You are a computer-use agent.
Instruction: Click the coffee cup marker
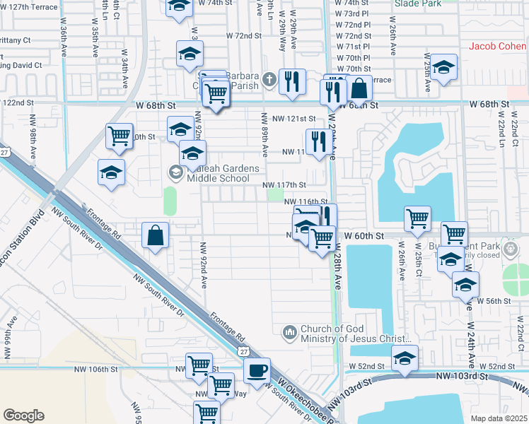(x=257, y=370)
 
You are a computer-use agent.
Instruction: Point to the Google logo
(x=24, y=415)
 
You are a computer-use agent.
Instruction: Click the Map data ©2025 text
(x=499, y=418)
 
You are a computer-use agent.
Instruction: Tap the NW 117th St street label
(x=284, y=185)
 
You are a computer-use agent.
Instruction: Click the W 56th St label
(x=493, y=300)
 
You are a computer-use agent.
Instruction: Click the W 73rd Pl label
(x=353, y=13)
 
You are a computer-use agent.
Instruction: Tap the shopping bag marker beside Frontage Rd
(x=155, y=236)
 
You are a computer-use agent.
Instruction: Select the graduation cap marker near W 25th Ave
(x=443, y=68)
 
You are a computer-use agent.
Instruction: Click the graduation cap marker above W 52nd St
(x=405, y=358)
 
